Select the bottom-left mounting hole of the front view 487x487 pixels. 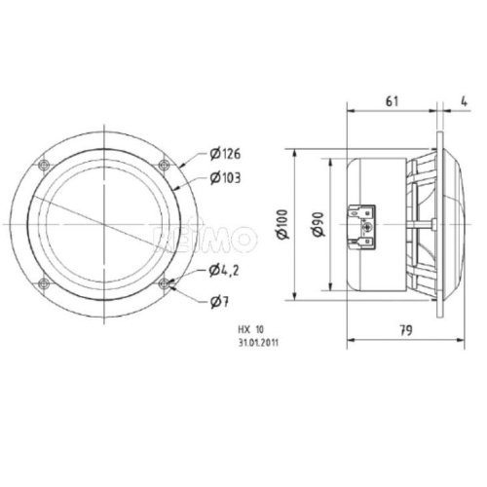coord(43,283)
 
